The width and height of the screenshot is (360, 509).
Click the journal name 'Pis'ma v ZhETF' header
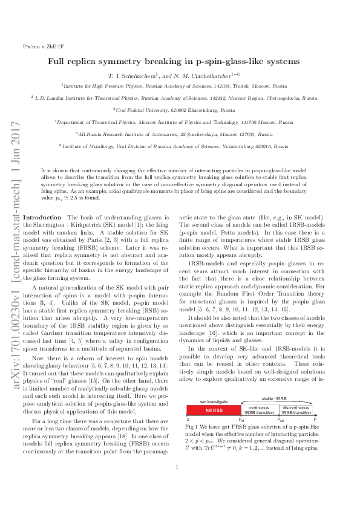click(x=38, y=46)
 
